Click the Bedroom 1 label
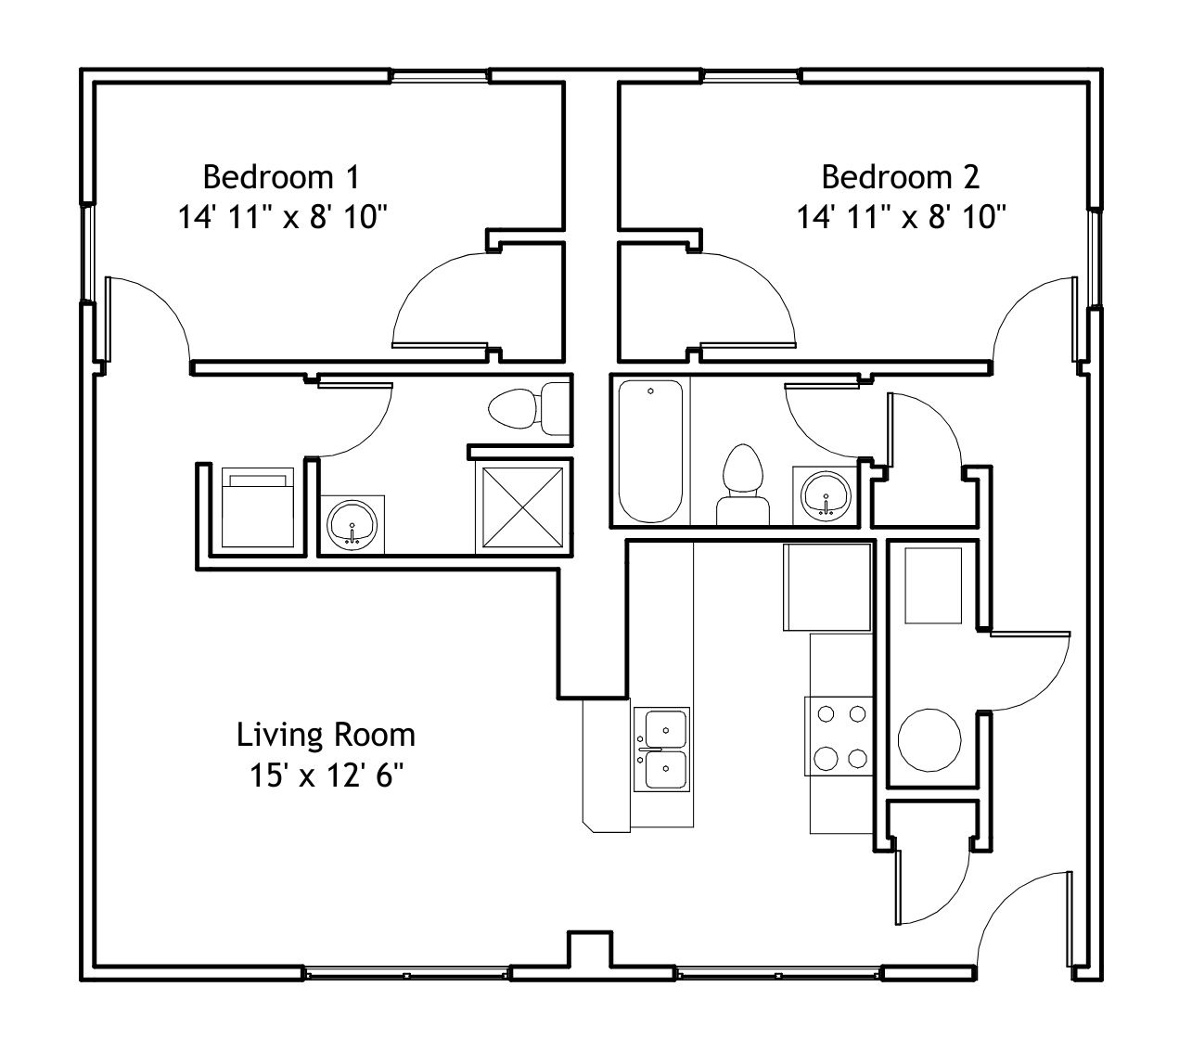point(282,177)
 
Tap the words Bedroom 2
point(901,177)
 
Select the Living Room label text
point(326,735)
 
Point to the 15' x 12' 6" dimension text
point(327,775)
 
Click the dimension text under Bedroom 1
point(282,217)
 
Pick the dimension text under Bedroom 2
point(901,217)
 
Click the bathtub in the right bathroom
point(650,451)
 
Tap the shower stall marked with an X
point(523,507)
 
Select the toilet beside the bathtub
point(742,484)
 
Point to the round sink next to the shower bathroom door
point(352,525)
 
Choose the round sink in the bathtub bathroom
point(826,496)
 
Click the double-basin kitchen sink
point(661,749)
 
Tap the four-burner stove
point(839,737)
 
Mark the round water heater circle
point(929,740)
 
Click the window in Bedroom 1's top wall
point(439,76)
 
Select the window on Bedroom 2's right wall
point(1095,257)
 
